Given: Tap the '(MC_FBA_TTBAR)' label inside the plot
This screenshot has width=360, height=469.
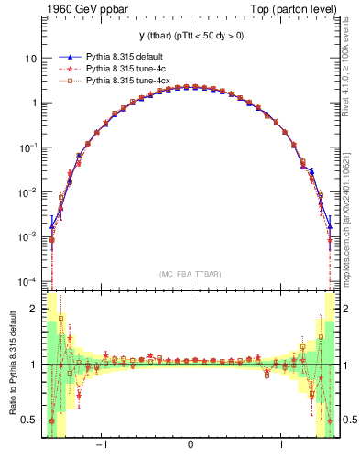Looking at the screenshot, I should (x=191, y=274).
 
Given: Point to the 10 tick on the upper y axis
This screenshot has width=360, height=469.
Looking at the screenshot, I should (x=31, y=59).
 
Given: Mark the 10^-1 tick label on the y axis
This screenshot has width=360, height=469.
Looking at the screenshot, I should (x=29, y=147).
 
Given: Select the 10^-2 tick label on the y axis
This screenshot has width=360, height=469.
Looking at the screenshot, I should (x=29, y=191).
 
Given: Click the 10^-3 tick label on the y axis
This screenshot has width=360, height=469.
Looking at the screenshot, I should (x=29, y=235).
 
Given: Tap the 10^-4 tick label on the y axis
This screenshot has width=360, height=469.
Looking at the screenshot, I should (x=29, y=279).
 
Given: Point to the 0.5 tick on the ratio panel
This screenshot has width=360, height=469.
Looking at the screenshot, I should (x=30, y=420).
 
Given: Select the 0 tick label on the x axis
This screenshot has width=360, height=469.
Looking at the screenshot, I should (x=191, y=446).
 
